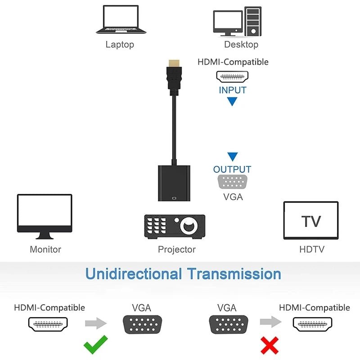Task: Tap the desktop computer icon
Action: pyautogui.click(x=237, y=21)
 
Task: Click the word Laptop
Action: pyautogui.click(x=120, y=45)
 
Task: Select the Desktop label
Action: pyautogui.click(x=241, y=45)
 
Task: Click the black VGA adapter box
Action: pyautogui.click(x=174, y=183)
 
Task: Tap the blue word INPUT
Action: pyautogui.click(x=233, y=90)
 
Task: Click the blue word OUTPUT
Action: pyautogui.click(x=232, y=170)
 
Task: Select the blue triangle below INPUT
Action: pyautogui.click(x=232, y=102)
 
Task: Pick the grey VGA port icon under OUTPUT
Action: pyautogui.click(x=233, y=183)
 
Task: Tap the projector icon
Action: pyautogui.click(x=175, y=225)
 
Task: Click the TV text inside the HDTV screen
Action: pyautogui.click(x=311, y=221)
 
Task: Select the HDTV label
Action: pyautogui.click(x=311, y=249)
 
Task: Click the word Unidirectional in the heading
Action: pyautogui.click(x=134, y=274)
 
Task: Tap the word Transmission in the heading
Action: pyautogui.click(x=234, y=274)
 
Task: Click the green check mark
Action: pyautogui.click(x=96, y=345)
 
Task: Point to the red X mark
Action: pyautogui.click(x=270, y=346)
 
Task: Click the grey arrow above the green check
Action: pyautogui.click(x=96, y=323)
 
